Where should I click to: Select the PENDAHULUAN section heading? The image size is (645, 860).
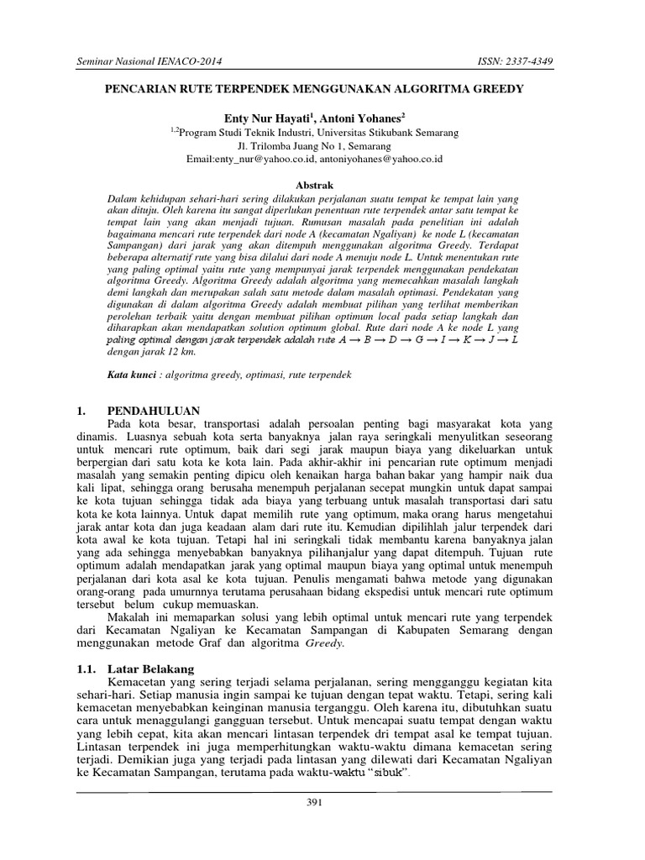coord(154,411)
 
